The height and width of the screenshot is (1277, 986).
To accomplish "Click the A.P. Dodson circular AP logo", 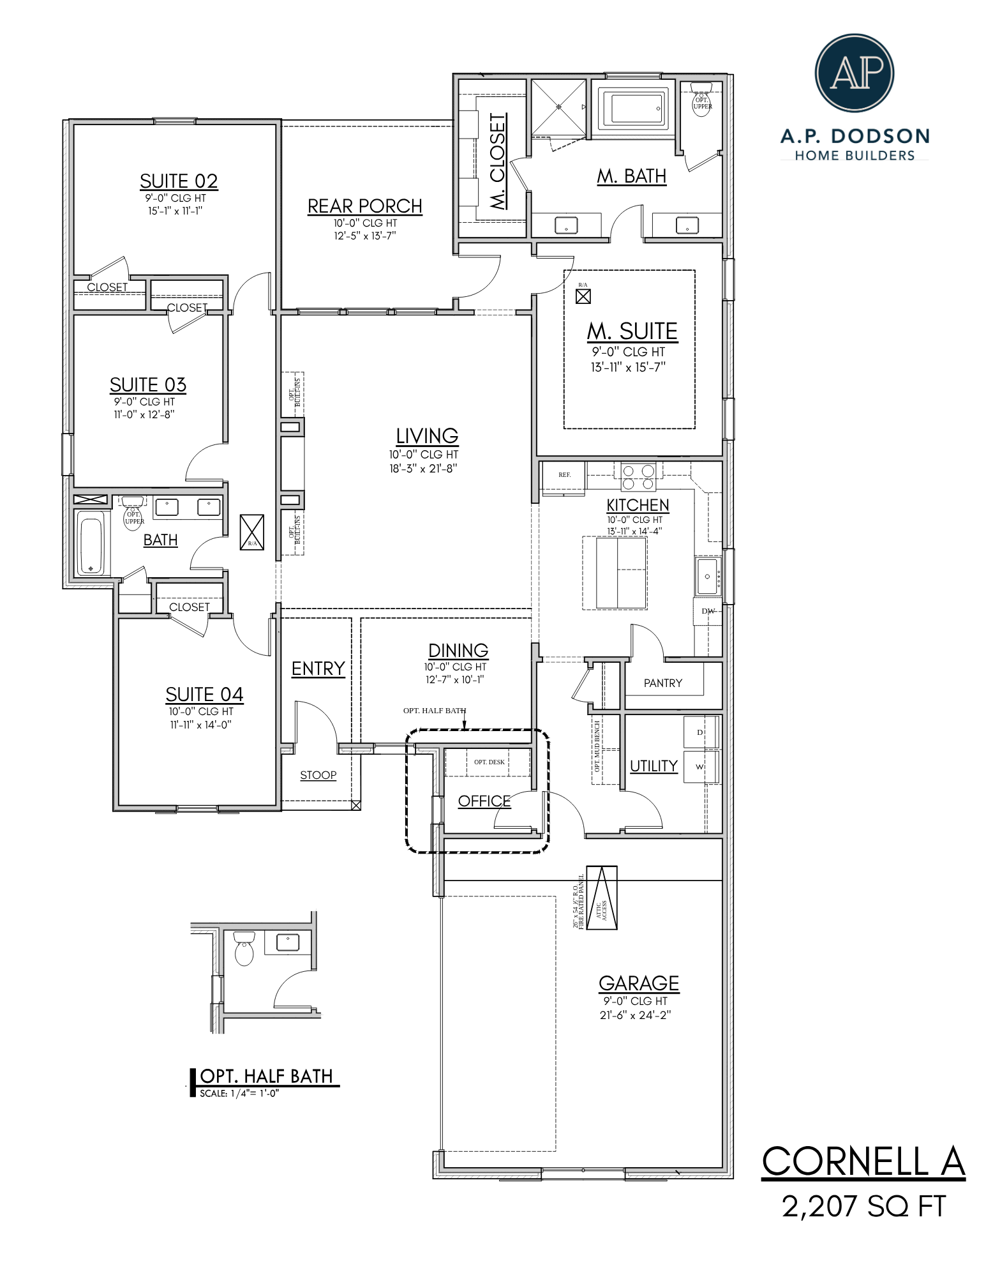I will tap(854, 73).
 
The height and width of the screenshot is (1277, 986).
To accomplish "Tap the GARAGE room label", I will tap(638, 983).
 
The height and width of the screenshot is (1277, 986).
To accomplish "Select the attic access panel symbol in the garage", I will tap(602, 897).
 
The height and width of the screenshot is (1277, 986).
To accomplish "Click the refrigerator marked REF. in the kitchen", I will tap(564, 476).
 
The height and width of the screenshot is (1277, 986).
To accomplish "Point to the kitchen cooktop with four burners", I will tap(638, 476).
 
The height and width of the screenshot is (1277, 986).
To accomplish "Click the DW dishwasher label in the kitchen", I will tap(708, 611).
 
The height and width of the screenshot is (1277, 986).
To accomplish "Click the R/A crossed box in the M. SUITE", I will tap(583, 296).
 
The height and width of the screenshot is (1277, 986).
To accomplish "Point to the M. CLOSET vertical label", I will tap(497, 161).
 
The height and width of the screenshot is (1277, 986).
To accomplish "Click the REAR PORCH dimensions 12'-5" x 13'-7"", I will tap(364, 236).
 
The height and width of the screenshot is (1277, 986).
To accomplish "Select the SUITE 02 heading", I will tap(179, 181).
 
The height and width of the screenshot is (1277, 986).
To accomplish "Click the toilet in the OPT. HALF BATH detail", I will tap(244, 948).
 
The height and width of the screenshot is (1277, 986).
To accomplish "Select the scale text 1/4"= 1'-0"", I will tap(239, 1093).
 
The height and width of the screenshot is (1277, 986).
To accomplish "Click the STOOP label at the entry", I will tap(318, 775).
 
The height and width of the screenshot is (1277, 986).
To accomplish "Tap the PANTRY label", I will tap(662, 683).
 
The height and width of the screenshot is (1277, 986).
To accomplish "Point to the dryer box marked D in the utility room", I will tap(699, 732).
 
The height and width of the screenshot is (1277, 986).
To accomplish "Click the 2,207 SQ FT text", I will tap(863, 1206).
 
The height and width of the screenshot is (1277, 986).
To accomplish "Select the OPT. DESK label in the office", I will tap(489, 762).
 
